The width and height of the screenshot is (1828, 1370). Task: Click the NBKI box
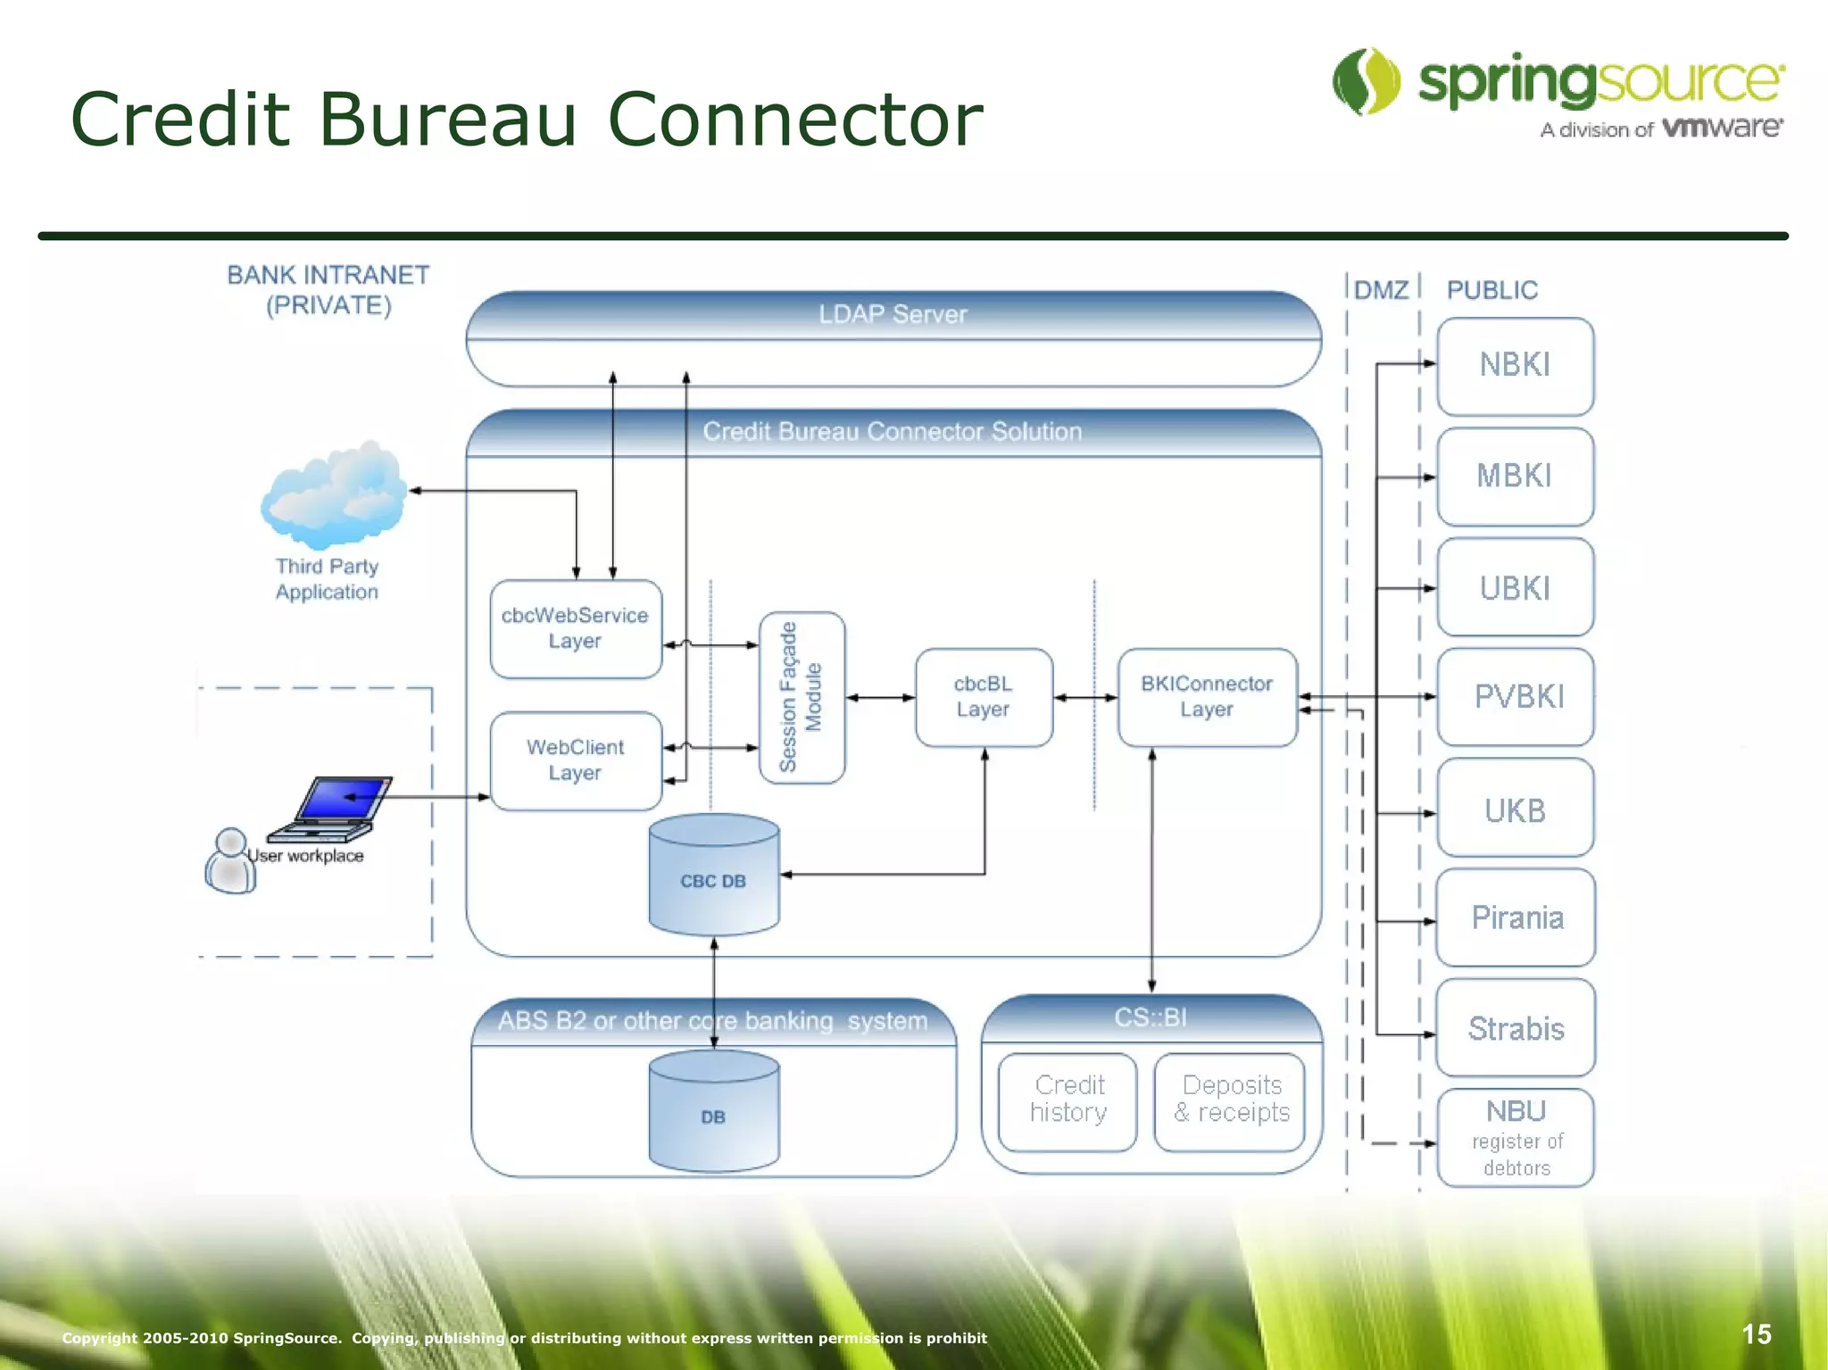[1515, 366]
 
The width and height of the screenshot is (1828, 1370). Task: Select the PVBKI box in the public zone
[1515, 696]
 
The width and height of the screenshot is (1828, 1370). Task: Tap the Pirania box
[1515, 917]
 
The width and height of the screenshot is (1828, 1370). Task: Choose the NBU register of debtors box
[1515, 1138]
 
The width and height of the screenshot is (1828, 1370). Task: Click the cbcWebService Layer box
[576, 628]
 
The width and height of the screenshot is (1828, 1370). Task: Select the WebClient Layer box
[576, 760]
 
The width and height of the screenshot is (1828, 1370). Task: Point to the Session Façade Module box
[802, 697]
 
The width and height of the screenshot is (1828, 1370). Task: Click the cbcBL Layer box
[984, 697]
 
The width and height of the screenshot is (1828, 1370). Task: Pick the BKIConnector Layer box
[1207, 697]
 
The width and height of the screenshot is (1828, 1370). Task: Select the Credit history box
[1068, 1100]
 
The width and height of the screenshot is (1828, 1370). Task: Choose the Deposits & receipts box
[1230, 1100]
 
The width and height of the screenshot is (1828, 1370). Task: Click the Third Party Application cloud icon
[332, 495]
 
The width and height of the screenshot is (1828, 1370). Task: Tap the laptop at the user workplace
[335, 808]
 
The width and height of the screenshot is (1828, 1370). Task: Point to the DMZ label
[1381, 290]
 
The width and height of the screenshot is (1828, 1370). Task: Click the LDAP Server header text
[893, 314]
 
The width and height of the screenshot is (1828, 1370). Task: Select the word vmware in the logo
[1723, 128]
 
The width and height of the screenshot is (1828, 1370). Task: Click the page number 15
[1756, 1334]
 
